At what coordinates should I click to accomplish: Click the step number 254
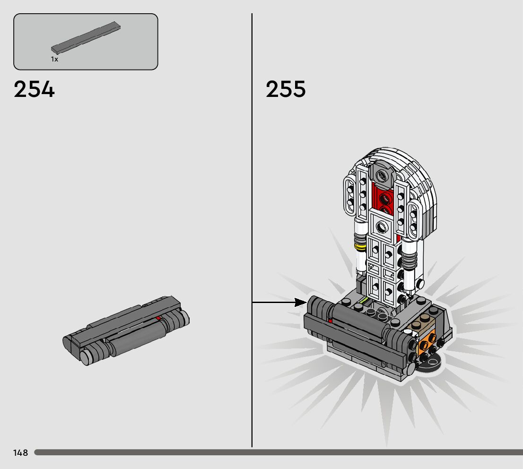point(34,89)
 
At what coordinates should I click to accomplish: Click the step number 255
point(286,89)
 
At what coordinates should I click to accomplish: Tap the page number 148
point(20,453)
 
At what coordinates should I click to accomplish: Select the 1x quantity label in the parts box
point(54,60)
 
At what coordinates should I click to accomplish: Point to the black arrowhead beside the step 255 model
point(300,302)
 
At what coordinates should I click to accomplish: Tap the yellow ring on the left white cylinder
point(360,246)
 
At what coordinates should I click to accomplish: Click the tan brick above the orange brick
point(422,324)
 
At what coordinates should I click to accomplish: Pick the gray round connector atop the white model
point(381,175)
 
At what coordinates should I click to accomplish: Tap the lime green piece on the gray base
point(363,300)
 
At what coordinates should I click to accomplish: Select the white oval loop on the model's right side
point(415,219)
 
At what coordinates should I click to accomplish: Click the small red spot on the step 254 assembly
point(158,318)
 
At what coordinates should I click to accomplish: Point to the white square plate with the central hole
point(380,227)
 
